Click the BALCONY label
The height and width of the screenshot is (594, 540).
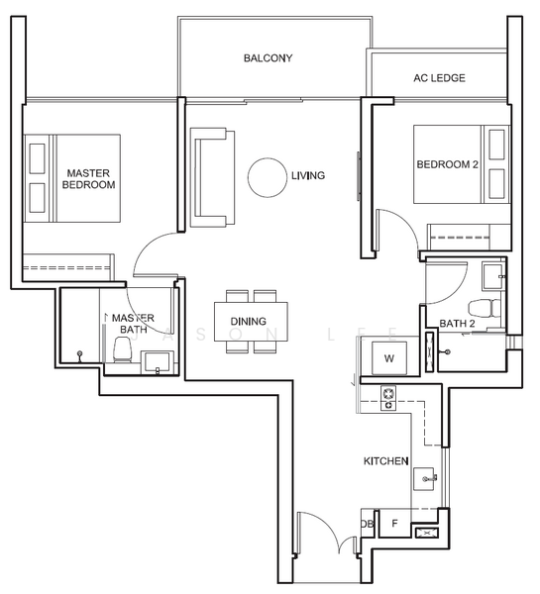click(268, 58)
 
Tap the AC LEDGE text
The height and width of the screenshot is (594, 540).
click(439, 78)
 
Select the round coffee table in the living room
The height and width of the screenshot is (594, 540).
click(268, 177)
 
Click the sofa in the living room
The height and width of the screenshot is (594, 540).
click(212, 177)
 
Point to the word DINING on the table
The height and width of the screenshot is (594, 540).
click(249, 322)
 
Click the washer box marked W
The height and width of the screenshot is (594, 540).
click(389, 358)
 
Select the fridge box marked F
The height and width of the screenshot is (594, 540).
click(394, 523)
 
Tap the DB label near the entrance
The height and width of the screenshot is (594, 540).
click(367, 524)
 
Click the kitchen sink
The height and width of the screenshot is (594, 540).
click(425, 479)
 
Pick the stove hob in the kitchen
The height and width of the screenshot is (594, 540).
click(388, 398)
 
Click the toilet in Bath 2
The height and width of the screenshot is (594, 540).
click(485, 307)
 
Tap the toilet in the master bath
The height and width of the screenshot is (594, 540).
click(122, 349)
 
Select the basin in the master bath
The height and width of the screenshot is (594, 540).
click(158, 362)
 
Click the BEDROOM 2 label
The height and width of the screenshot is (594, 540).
click(448, 164)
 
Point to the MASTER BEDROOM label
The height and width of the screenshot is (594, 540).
click(89, 179)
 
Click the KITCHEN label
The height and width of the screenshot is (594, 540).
click(386, 461)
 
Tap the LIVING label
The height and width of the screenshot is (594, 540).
click(308, 176)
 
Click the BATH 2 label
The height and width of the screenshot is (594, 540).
click(457, 324)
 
